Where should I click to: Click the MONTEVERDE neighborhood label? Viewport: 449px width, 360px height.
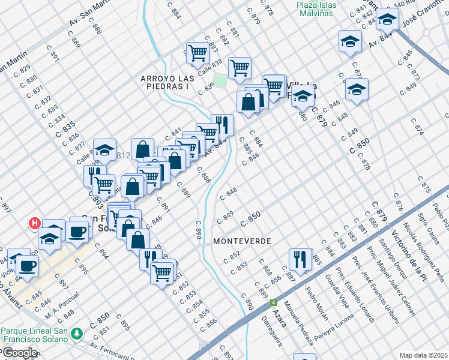pos(242,241)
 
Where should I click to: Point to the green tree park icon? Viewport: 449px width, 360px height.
pos(76,333)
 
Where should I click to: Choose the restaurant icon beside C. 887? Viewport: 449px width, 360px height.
pos(300,259)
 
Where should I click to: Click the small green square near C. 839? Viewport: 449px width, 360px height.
pos(221,80)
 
